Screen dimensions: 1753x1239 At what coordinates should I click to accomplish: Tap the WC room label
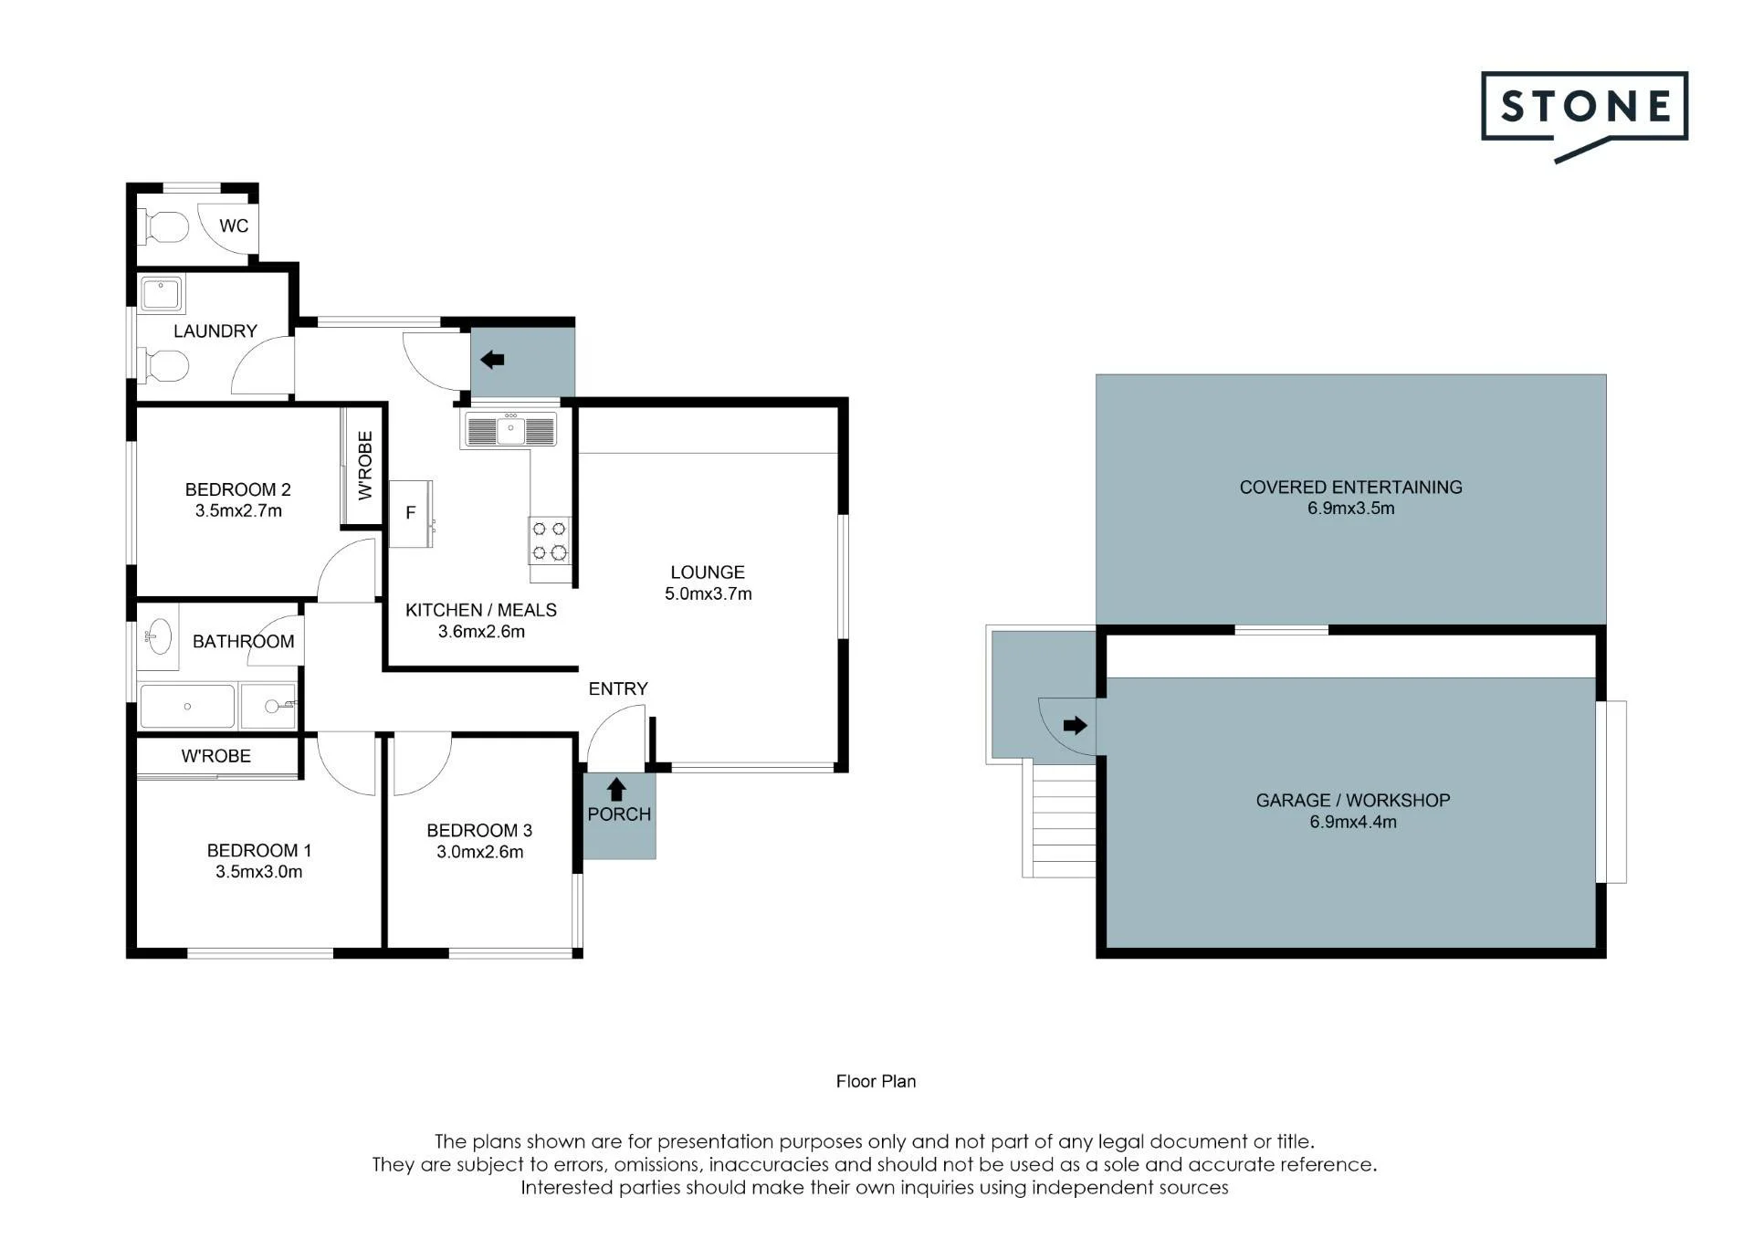(x=234, y=226)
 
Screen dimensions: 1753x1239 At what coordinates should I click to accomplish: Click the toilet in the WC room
(x=163, y=227)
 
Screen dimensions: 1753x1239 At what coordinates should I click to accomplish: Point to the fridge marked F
(x=411, y=513)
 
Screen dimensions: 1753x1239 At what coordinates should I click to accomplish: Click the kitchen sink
(x=510, y=429)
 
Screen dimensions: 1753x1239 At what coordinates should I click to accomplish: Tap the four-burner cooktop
(x=550, y=541)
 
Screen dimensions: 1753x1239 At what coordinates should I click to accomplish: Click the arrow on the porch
(x=616, y=789)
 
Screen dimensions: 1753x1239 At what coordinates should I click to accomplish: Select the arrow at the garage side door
(x=1076, y=726)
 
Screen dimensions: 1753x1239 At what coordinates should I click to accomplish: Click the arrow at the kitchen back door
(x=492, y=360)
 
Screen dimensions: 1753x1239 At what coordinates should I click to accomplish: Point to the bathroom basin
(x=160, y=635)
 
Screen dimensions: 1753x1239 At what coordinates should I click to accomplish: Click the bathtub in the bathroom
(x=187, y=706)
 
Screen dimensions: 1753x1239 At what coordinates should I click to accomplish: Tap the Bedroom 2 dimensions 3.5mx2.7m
(x=238, y=510)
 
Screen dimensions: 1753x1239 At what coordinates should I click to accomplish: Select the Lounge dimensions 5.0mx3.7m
(x=709, y=593)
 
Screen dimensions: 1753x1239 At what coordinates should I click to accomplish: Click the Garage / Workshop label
(x=1353, y=800)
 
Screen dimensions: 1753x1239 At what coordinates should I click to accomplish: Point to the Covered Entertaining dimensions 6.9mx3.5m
(x=1351, y=509)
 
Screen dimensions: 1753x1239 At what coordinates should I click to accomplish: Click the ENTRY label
(x=618, y=688)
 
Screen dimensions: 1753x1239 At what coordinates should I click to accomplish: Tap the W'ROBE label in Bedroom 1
(x=216, y=756)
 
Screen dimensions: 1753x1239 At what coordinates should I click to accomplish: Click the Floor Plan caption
(x=876, y=1081)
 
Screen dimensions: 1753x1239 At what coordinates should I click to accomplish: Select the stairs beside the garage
(x=1059, y=819)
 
